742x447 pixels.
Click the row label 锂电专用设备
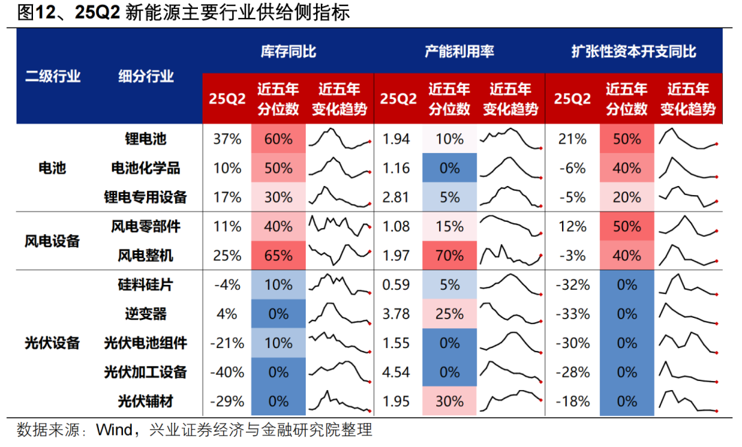coord(145,197)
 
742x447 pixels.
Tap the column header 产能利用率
coord(459,51)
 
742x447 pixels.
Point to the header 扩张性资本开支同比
coord(633,51)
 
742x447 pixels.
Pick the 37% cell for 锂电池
coord(227,139)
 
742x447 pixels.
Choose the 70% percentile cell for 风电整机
coord(449,256)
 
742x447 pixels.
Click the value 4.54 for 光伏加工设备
coord(396,372)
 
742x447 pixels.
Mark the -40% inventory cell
coord(227,372)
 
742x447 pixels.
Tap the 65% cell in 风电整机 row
coord(278,256)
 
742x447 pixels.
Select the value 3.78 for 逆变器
coord(396,314)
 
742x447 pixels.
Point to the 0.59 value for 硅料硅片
coord(396,285)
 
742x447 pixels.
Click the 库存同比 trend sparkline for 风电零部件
coord(339,226)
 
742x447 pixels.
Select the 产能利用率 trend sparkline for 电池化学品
coord(510,168)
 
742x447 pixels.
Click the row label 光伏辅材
coord(145,401)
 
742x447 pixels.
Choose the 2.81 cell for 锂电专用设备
coord(396,197)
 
